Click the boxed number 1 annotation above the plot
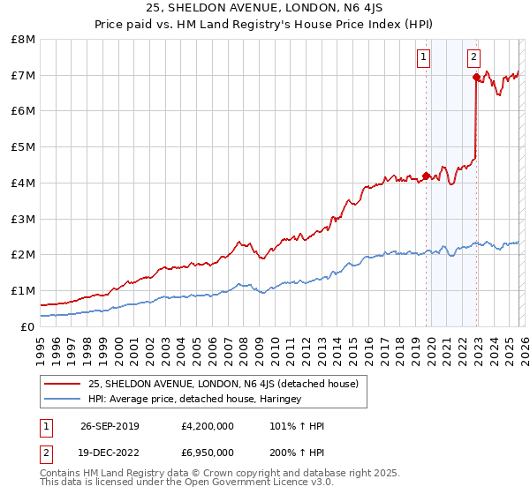click(424, 57)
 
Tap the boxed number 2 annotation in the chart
click(473, 57)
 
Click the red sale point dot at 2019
click(426, 176)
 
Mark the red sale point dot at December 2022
click(476, 77)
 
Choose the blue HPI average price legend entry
click(194, 399)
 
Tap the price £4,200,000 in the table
click(207, 426)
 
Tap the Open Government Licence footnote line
click(186, 483)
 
